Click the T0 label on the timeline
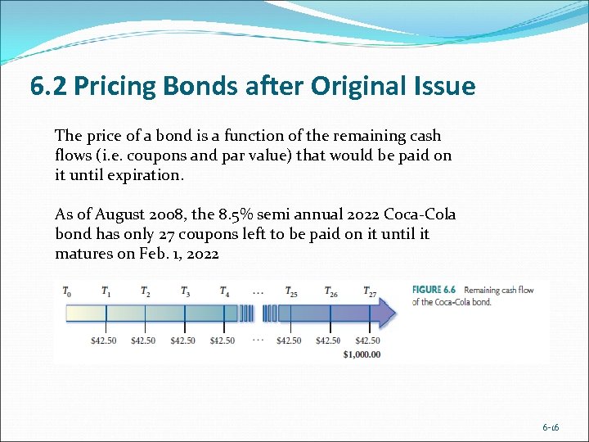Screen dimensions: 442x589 tap(67, 291)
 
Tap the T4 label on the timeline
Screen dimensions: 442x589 tap(224, 291)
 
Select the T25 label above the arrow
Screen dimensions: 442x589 tap(291, 291)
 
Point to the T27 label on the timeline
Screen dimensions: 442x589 tap(371, 291)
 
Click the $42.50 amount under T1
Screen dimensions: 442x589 tap(104, 341)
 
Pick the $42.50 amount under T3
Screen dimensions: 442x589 tap(182, 341)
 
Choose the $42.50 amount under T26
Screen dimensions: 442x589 tap(328, 341)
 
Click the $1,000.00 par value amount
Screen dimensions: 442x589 tap(362, 354)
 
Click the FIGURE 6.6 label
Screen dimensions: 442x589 tap(434, 290)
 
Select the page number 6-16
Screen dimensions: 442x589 tap(551, 428)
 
